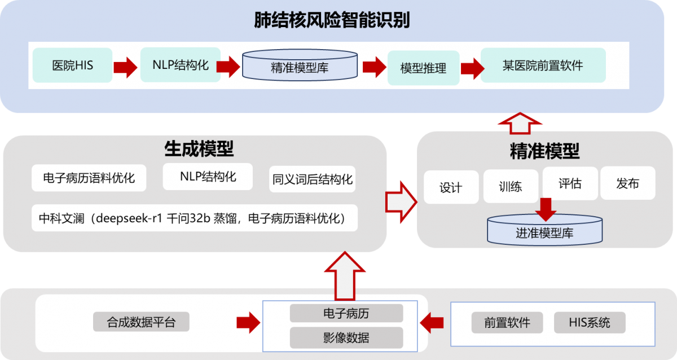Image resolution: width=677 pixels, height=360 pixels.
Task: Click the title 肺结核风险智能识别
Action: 332,21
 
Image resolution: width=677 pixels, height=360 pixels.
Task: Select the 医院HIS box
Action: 72,65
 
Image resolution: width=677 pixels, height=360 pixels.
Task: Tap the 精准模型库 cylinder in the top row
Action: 300,65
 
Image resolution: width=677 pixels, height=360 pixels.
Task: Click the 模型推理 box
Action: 423,68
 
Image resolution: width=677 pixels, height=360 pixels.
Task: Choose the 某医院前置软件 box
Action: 543,65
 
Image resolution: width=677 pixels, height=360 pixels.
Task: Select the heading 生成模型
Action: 199,149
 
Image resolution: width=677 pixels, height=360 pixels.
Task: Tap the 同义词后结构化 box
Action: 312,179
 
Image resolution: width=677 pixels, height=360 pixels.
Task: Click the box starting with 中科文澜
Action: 195,218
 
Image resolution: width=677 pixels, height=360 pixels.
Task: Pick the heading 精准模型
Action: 544,151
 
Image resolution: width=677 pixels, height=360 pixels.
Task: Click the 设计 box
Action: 450,187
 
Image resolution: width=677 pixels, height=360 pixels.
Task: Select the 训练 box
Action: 511,187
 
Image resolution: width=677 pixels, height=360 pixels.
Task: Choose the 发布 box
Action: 627,183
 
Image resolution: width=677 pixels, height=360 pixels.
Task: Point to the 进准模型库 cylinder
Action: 544,230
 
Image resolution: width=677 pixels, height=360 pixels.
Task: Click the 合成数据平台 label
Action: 141,323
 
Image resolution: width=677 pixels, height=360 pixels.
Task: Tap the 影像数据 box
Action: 346,338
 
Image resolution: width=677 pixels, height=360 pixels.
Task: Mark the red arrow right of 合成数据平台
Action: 248,323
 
